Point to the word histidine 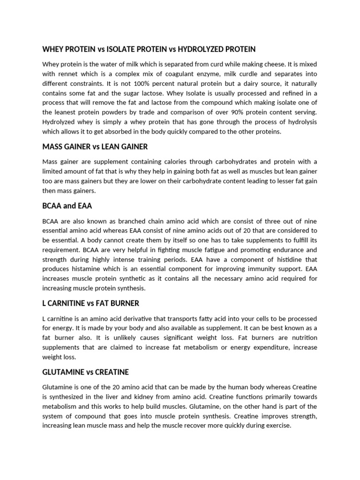(283, 259)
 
